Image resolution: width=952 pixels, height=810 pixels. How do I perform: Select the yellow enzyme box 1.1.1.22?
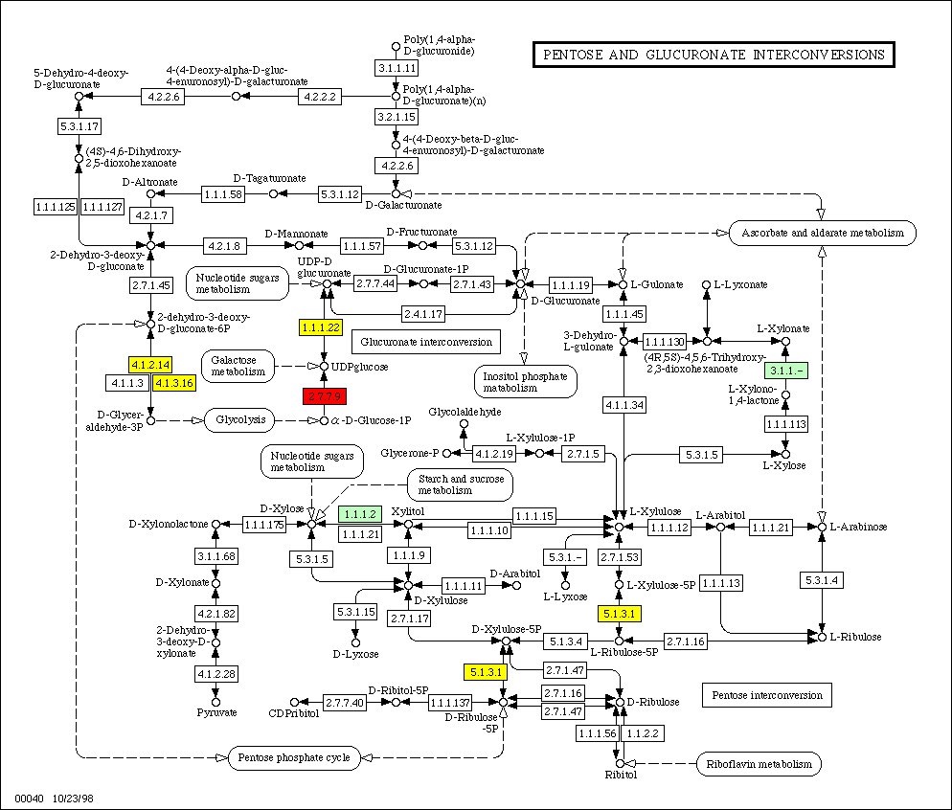[321, 327]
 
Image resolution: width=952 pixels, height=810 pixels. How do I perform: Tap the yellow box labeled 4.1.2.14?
[149, 365]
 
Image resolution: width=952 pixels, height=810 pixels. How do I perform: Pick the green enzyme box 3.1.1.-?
[784, 371]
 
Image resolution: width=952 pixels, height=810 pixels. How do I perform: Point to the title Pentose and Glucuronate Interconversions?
[714, 56]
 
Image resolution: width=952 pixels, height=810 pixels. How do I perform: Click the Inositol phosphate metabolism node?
[524, 382]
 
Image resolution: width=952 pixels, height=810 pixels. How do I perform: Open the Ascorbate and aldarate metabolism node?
[823, 233]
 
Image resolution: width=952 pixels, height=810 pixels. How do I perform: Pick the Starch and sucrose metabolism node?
[459, 484]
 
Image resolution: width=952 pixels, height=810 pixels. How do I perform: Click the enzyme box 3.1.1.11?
[397, 69]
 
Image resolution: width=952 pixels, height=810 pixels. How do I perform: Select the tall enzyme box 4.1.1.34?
[623, 406]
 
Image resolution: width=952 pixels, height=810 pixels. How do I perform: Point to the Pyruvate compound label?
[216, 712]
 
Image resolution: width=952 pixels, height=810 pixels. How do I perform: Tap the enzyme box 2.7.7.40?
[344, 703]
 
